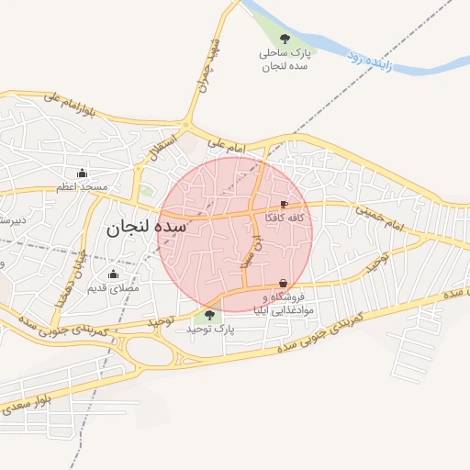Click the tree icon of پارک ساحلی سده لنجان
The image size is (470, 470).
pyautogui.click(x=285, y=39)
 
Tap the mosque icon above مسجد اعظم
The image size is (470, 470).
pyautogui.click(x=83, y=173)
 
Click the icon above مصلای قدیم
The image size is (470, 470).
pyautogui.click(x=114, y=274)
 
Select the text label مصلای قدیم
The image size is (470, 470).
pyautogui.click(x=113, y=288)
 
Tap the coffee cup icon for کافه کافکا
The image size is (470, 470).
pyautogui.click(x=284, y=205)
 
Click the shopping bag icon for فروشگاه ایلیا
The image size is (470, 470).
pyautogui.click(x=283, y=283)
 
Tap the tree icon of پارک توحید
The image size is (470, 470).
pyautogui.click(x=210, y=314)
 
